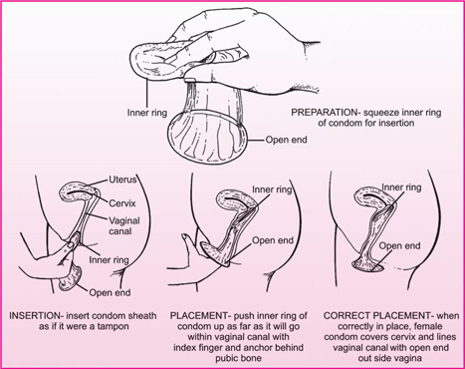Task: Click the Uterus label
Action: coord(122,180)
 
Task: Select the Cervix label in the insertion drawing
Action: coord(122,203)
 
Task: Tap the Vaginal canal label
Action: coord(124,225)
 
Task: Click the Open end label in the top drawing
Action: coord(286,140)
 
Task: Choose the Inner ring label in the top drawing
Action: coord(147,113)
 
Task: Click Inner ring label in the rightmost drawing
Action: coord(401,187)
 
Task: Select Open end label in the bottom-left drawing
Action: coord(110,293)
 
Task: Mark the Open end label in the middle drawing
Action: coord(273,240)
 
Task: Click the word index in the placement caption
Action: coord(185,348)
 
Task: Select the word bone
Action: coord(252,358)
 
